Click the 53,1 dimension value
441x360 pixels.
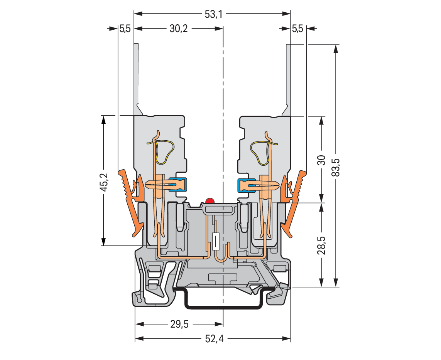[x=214, y=14]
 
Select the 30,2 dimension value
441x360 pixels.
[x=179, y=29]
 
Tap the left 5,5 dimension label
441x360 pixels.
[x=125, y=29]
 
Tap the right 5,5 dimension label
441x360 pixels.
[x=297, y=29]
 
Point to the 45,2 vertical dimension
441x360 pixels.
[x=105, y=183]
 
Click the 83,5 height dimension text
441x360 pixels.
[x=336, y=168]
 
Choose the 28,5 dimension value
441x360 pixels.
[x=321, y=246]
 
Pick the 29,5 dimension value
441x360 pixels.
[x=179, y=324]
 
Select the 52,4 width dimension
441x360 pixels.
[x=214, y=339]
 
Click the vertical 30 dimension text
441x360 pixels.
[x=321, y=160]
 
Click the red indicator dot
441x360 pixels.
[x=210, y=201]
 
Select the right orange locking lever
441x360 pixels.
[x=294, y=203]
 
